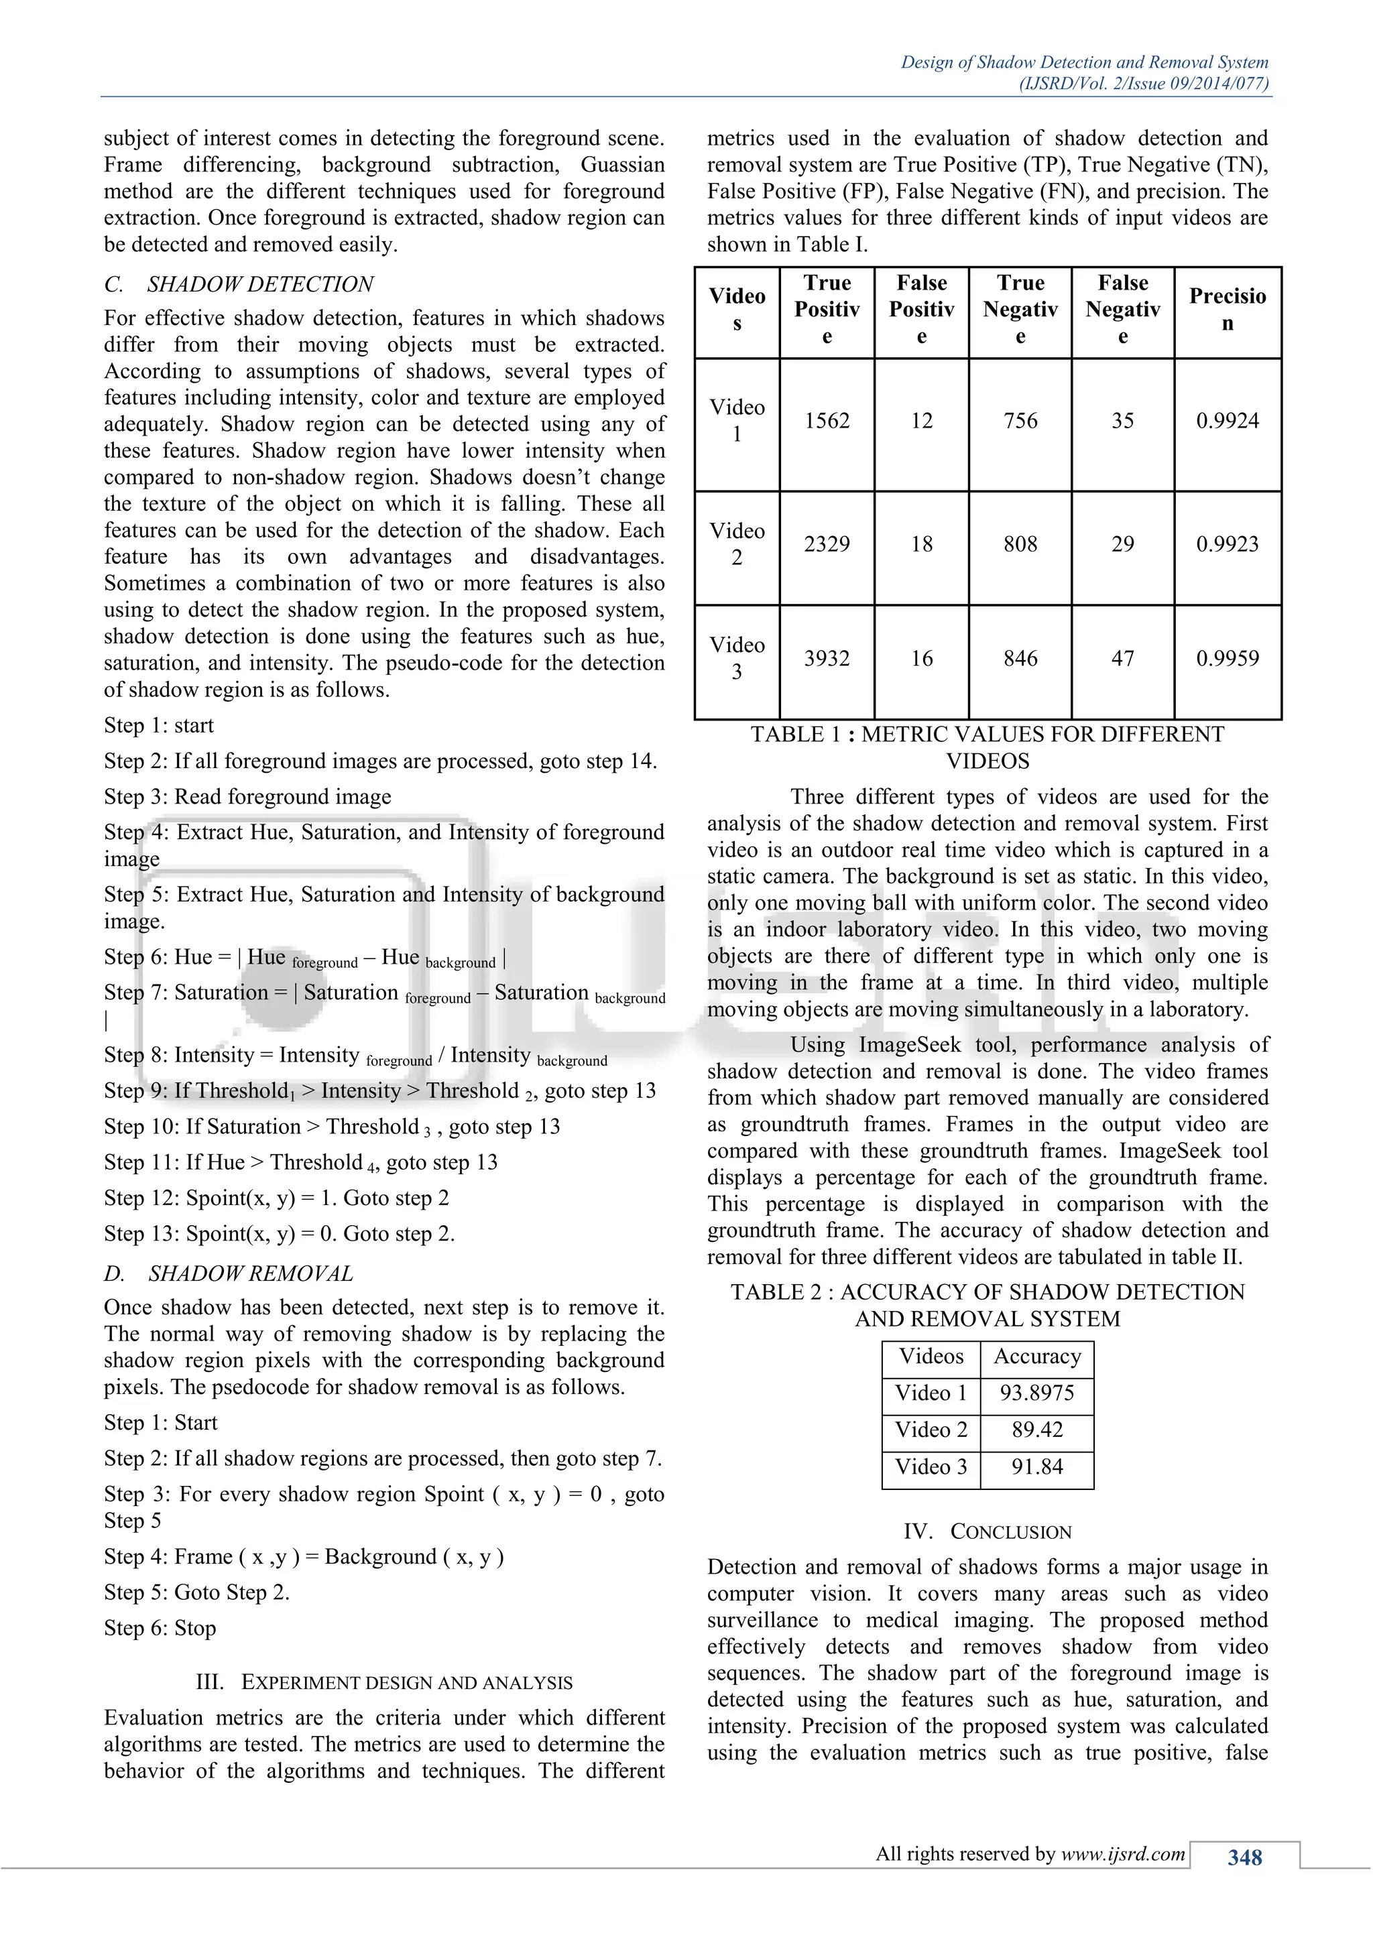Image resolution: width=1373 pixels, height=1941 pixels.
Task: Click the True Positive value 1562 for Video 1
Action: click(826, 421)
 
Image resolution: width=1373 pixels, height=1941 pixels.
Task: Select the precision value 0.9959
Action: click(1227, 659)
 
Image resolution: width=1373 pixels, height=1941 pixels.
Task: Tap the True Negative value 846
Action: click(1020, 659)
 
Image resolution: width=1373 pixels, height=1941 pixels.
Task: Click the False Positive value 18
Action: click(922, 544)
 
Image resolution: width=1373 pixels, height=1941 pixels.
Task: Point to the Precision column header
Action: click(1227, 310)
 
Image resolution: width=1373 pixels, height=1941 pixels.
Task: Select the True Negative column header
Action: click(1020, 310)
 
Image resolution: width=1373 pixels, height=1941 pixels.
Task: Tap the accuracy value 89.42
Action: click(1036, 1430)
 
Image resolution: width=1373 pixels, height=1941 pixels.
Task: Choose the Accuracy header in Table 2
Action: click(1036, 1356)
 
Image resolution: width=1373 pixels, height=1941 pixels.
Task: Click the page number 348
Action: click(1244, 1857)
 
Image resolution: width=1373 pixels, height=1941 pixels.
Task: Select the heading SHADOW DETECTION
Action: click(260, 284)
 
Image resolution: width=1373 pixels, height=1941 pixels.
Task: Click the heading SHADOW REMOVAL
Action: click(250, 1273)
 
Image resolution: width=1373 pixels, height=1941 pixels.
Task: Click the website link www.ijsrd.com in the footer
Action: click(1123, 1854)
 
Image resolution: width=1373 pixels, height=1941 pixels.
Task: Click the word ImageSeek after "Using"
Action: click(910, 1045)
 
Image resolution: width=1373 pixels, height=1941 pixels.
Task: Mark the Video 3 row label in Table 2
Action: click(931, 1466)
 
